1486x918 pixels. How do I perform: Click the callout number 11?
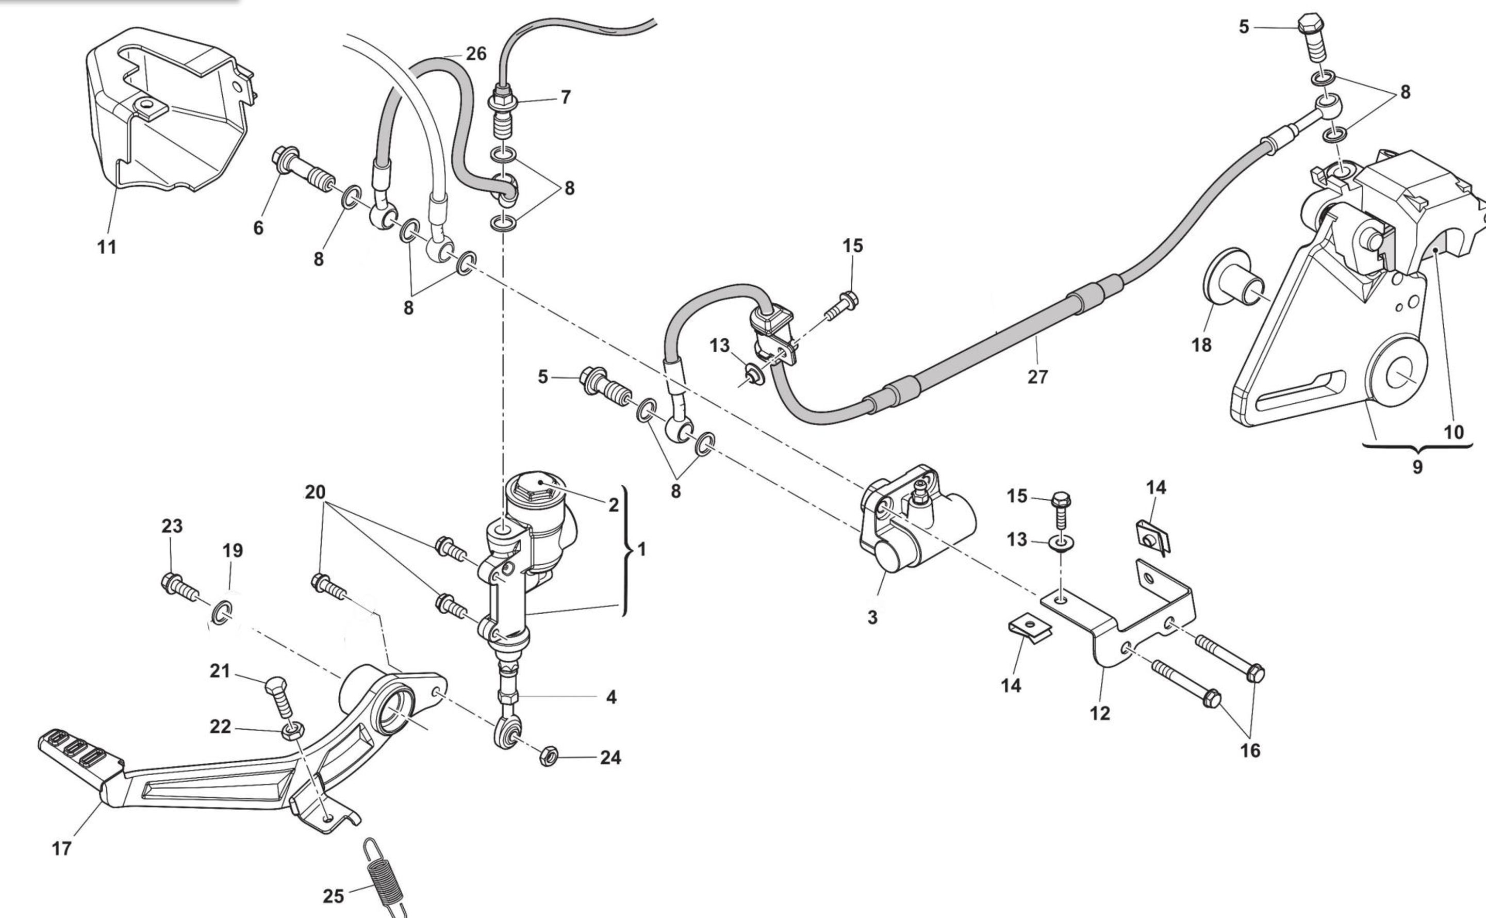[107, 247]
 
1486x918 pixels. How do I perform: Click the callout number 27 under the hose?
[1037, 377]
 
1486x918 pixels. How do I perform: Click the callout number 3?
[872, 617]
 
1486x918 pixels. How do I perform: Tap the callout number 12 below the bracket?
[1099, 713]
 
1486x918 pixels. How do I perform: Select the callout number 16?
[1250, 750]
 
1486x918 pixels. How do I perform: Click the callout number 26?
[476, 54]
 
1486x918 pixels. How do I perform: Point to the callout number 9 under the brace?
[1417, 467]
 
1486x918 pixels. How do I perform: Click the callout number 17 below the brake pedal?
[62, 848]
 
